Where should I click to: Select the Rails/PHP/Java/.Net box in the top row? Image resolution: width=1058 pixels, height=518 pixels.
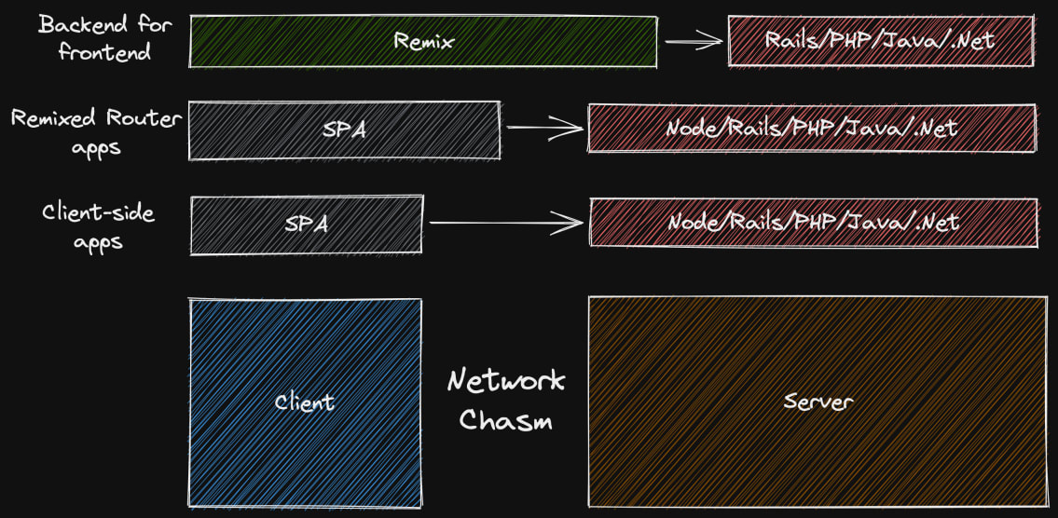tap(880, 40)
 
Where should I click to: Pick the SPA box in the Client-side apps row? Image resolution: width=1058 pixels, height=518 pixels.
tap(306, 225)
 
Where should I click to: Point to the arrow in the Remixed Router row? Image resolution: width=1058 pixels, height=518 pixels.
tap(544, 129)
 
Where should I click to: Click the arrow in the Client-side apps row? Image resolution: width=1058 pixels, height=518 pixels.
tap(506, 223)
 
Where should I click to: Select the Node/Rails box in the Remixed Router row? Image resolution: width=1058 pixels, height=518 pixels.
tap(811, 129)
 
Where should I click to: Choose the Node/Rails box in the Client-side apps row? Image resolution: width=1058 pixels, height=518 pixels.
tap(813, 224)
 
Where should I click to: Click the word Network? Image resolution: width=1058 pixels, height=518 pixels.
tap(505, 381)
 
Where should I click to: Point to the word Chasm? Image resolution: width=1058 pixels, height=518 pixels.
tap(505, 420)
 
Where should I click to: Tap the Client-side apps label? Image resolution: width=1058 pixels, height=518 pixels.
tap(98, 226)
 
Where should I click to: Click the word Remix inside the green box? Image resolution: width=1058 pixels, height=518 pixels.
tap(423, 41)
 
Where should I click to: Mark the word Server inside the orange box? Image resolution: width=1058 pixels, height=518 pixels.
tap(817, 402)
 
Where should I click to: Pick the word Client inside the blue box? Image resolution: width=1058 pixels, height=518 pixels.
tap(304, 402)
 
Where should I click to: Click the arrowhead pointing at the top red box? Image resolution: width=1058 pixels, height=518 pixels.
tap(716, 41)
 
